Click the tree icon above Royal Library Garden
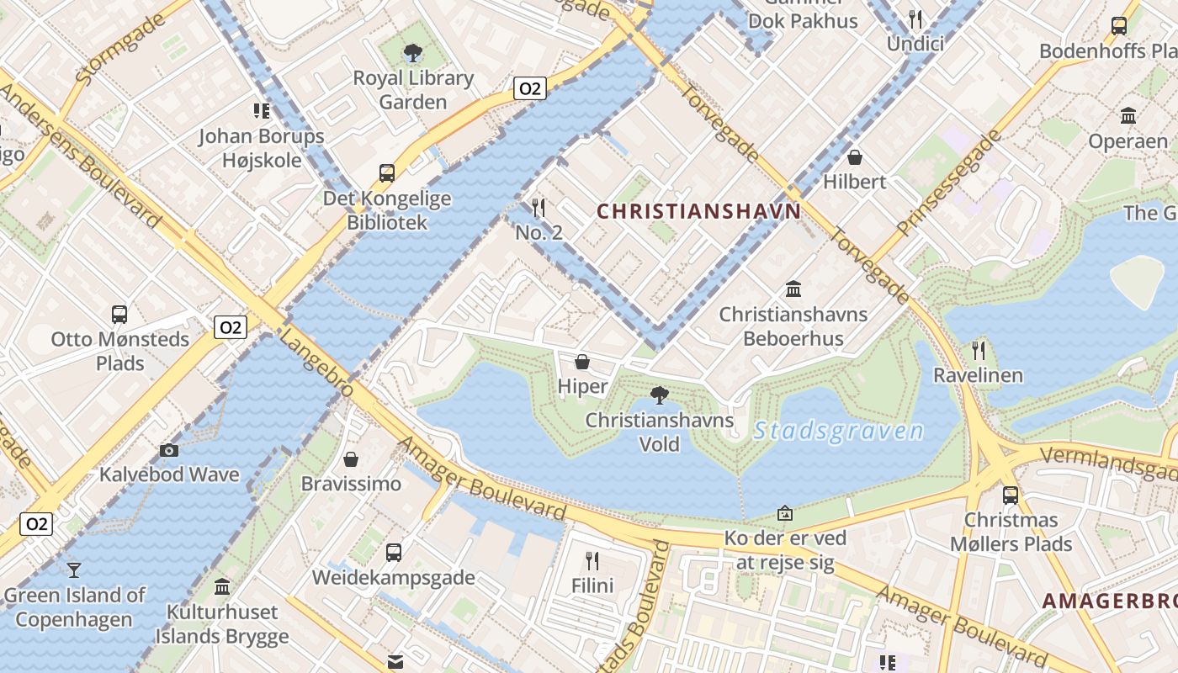pyautogui.click(x=412, y=54)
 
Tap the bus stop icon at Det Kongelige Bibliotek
pyautogui.click(x=386, y=173)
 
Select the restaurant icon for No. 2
pyautogui.click(x=539, y=207)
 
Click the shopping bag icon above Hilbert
pyautogui.click(x=855, y=156)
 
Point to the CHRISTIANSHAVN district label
pyautogui.click(x=698, y=211)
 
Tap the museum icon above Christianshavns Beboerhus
pyautogui.click(x=793, y=289)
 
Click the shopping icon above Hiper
pyautogui.click(x=581, y=362)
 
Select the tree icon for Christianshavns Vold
pyautogui.click(x=660, y=395)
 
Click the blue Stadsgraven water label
pyautogui.click(x=838, y=432)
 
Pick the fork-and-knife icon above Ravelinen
pyautogui.click(x=978, y=350)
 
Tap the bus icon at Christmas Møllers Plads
pyautogui.click(x=1010, y=495)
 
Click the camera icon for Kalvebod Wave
pyautogui.click(x=169, y=450)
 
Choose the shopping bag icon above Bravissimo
pyautogui.click(x=351, y=459)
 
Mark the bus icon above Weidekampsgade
pyautogui.click(x=393, y=553)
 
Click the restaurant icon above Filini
pyautogui.click(x=592, y=560)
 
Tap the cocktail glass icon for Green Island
pyautogui.click(x=74, y=570)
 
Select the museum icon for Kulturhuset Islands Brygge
pyautogui.click(x=222, y=586)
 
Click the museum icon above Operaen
pyautogui.click(x=1128, y=116)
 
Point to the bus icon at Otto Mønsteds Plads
pyautogui.click(x=119, y=315)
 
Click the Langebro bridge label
pyautogui.click(x=316, y=363)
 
